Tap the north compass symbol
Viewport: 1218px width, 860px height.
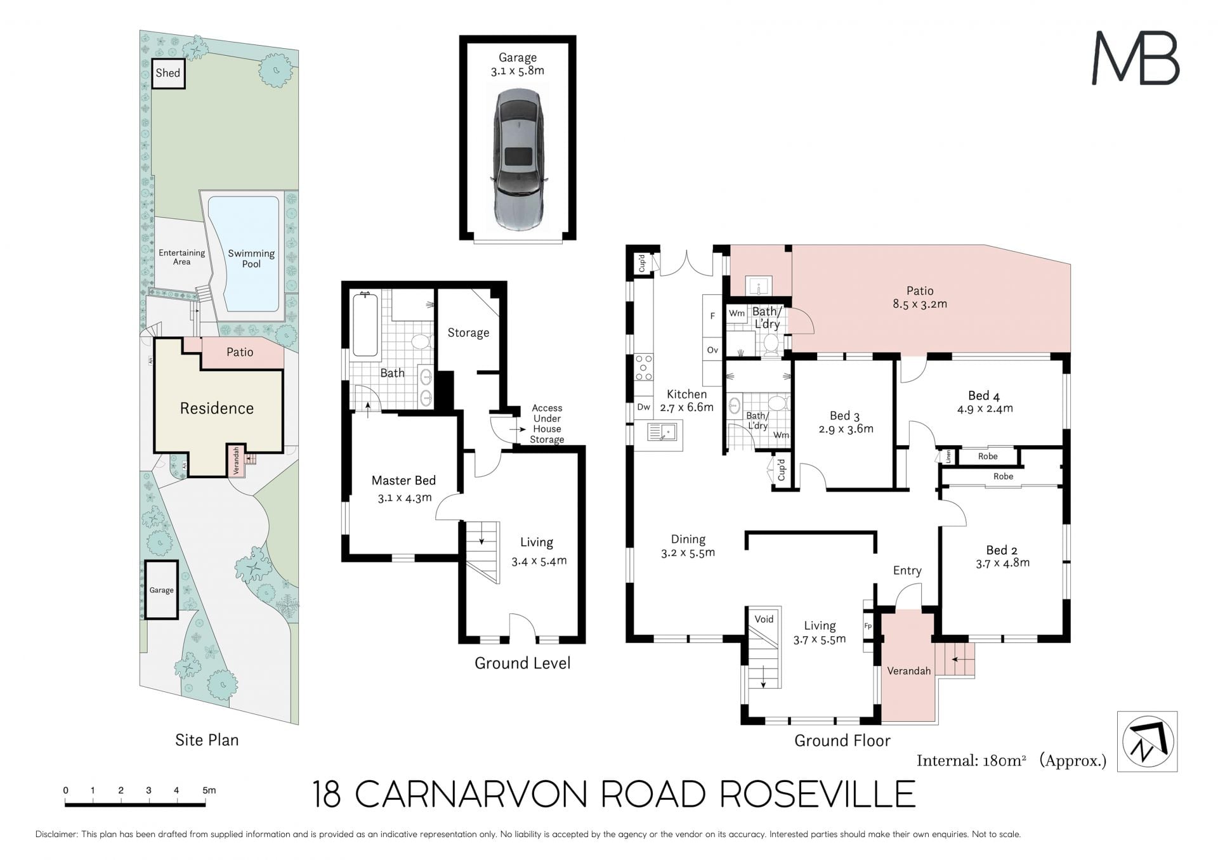(x=1148, y=741)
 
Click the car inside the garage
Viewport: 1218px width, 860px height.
(x=518, y=159)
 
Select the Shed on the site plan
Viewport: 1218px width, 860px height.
(x=168, y=74)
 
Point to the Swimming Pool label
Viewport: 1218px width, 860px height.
(x=251, y=258)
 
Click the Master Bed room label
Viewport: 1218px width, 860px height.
(x=403, y=481)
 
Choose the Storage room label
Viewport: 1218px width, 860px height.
(x=468, y=333)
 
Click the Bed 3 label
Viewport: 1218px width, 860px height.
(x=844, y=416)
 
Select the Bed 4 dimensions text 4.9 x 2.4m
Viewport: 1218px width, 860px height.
(x=985, y=409)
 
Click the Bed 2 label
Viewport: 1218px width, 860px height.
(x=1002, y=550)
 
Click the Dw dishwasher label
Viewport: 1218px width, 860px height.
(x=643, y=408)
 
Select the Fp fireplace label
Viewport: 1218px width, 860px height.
(x=868, y=626)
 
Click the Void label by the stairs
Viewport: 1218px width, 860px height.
(x=764, y=619)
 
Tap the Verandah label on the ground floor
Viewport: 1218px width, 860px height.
(x=908, y=671)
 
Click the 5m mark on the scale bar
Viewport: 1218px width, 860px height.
(x=209, y=791)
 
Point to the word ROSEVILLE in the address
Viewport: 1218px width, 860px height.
(x=818, y=794)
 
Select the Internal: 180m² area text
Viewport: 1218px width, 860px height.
(x=971, y=760)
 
